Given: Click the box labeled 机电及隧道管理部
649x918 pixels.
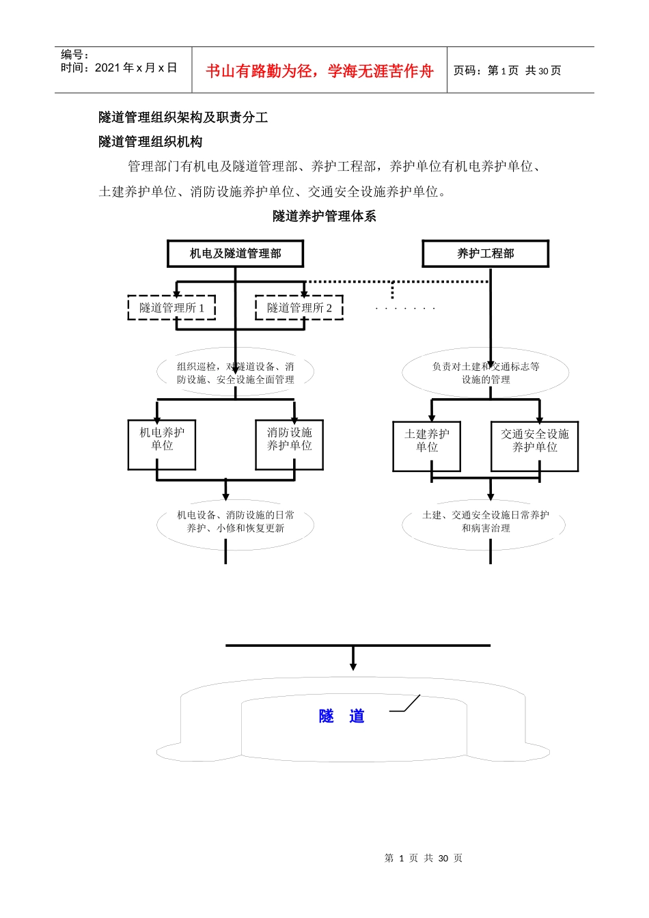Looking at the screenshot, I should (x=235, y=253).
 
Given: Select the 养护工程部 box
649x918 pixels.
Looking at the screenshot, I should (x=485, y=253).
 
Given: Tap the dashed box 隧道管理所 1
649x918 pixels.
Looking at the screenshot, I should (x=171, y=308).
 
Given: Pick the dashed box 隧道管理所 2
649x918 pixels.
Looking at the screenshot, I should (x=299, y=308).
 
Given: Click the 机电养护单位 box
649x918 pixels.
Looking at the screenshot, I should (x=162, y=445).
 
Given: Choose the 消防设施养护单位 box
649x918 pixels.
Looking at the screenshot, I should (x=289, y=445).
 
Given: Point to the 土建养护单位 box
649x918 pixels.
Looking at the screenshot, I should (x=426, y=446).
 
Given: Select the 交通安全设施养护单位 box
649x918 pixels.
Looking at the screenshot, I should (x=534, y=446).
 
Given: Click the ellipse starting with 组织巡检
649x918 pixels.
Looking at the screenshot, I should (x=235, y=373).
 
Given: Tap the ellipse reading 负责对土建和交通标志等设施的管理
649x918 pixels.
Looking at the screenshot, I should (x=485, y=373).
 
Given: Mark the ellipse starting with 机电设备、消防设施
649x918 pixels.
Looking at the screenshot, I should (x=235, y=522).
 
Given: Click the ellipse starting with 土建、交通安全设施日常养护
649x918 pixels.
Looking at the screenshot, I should (x=485, y=522).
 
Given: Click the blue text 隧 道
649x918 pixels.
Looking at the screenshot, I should (x=342, y=716).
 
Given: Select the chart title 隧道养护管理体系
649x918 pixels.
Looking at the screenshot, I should (x=324, y=217).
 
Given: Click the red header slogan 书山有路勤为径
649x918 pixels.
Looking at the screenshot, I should (x=319, y=71).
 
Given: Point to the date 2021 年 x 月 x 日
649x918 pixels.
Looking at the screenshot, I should (x=135, y=68).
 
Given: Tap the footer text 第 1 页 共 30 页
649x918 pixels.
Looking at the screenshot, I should (x=424, y=858).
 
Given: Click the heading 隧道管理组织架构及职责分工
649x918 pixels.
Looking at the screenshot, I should (x=183, y=117).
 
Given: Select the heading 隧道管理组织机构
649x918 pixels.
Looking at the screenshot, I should (x=150, y=142).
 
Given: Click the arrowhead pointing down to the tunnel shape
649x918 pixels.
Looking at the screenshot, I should (x=353, y=666).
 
